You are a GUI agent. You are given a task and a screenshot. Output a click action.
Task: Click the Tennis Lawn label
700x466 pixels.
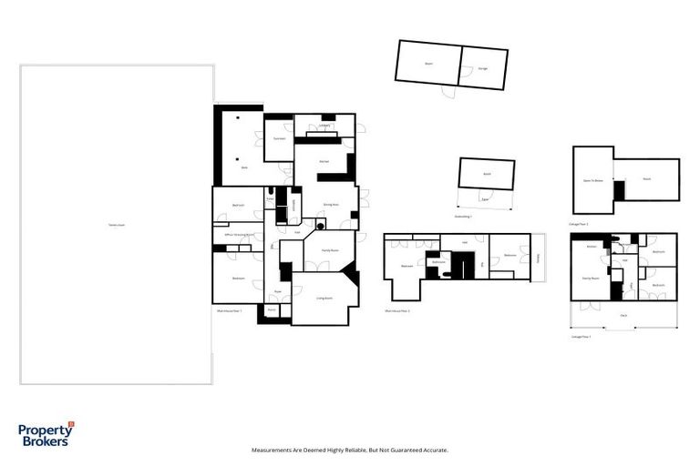pos(116,225)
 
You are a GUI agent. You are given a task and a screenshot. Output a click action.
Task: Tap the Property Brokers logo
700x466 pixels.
pos(46,435)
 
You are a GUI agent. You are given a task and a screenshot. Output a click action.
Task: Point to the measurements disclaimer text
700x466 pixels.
pos(349,450)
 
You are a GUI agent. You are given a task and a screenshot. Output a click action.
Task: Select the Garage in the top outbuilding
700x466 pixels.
pos(482,68)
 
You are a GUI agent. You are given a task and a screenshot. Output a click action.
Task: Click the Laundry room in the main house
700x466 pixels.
pos(324,127)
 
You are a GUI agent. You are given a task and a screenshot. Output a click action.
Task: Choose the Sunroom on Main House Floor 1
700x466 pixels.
pos(279,138)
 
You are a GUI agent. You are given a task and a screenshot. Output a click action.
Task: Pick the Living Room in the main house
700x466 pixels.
pos(323,299)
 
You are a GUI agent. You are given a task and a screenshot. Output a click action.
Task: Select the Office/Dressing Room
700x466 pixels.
pos(240,235)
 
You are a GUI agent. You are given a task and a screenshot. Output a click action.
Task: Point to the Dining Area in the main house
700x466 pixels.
pos(330,205)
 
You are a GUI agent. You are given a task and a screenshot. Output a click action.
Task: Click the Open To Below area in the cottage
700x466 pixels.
pos(593,180)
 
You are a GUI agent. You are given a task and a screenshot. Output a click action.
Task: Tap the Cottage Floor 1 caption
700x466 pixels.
pos(581,337)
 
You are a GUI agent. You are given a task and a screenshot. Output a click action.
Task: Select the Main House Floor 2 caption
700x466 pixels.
pos(396,311)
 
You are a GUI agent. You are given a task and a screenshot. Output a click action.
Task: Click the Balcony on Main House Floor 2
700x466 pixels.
pos(539,257)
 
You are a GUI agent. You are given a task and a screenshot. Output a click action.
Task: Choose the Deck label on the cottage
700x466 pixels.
pos(623,315)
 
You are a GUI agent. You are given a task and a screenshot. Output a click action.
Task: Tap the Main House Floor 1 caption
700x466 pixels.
pos(229,311)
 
